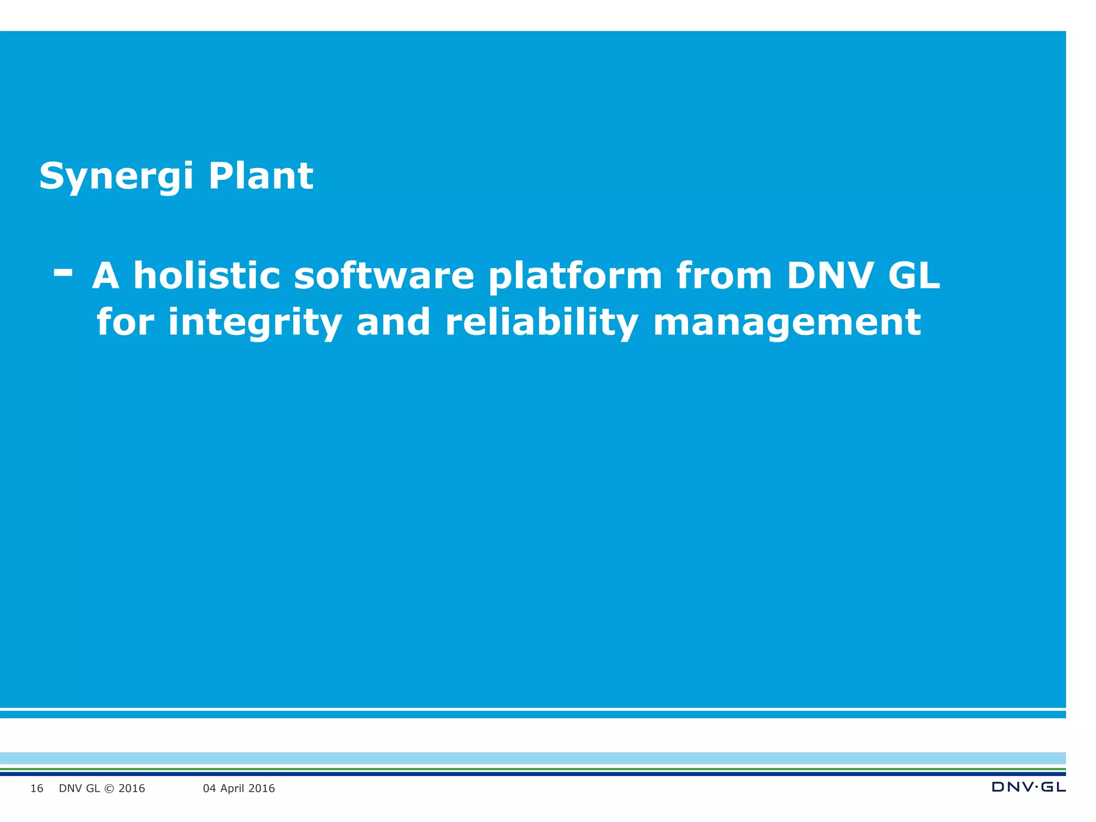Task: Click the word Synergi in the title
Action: (116, 176)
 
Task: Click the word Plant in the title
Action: (261, 176)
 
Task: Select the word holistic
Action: (207, 276)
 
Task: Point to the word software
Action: (384, 276)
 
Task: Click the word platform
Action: (575, 276)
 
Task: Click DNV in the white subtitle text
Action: (830, 276)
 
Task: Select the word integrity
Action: (255, 323)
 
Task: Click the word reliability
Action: (542, 323)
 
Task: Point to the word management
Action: (787, 323)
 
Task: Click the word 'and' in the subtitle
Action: (393, 323)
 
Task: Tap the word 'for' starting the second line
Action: (125, 323)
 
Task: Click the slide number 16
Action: (36, 788)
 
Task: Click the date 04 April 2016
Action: (239, 788)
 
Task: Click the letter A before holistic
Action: (105, 276)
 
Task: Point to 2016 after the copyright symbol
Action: (132, 788)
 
